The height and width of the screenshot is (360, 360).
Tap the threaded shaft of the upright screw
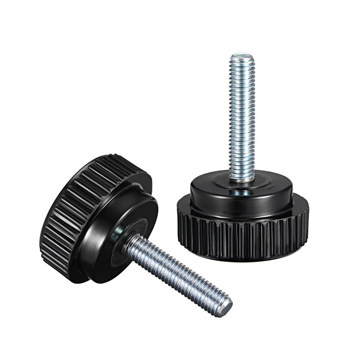242,115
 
